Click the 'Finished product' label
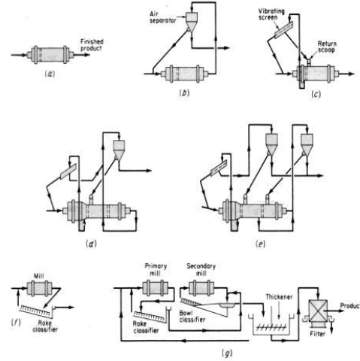92,45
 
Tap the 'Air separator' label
163,17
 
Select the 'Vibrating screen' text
271,14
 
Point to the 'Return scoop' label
327,47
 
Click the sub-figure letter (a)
50,74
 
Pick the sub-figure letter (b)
184,93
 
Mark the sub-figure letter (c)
316,94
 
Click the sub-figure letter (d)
91,244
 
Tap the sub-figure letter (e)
260,244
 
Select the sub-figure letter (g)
227,353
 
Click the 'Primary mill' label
156,269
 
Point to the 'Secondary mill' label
201,269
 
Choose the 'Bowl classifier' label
192,317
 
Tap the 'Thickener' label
279,297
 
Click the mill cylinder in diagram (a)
50,55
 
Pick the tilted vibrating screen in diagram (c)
283,30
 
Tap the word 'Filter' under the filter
317,334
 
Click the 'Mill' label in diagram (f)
39,276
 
